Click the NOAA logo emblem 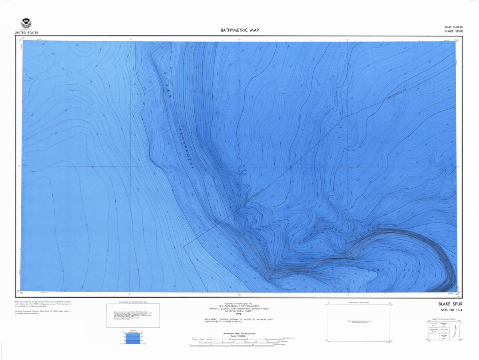pos(26,23)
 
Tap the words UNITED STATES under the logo pos(26,33)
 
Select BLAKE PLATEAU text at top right pos(453,27)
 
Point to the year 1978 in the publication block pos(239,314)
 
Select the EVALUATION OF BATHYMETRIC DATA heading pos(133,302)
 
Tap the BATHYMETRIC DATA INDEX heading pos(359,302)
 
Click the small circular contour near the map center pos(244,172)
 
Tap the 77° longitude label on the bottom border pos(239,295)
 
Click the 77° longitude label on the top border pos(239,39)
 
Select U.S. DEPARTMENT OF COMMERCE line pos(239,306)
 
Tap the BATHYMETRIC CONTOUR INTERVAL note pos(239,320)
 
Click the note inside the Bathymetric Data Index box pos(359,321)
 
